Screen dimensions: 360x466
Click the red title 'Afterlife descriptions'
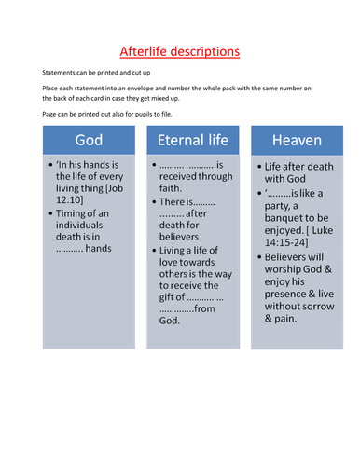point(180,51)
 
